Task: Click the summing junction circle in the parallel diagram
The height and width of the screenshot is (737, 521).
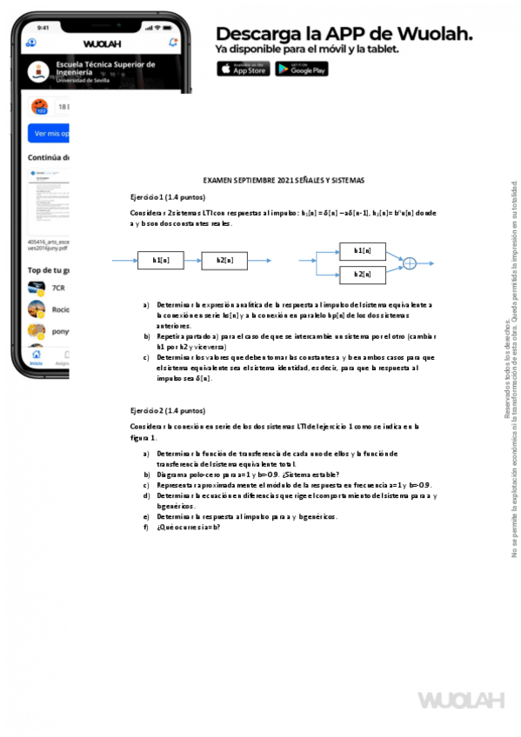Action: point(411,262)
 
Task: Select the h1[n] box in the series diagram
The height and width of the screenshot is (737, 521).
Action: point(161,260)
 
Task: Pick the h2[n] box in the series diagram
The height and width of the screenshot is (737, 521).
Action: point(224,260)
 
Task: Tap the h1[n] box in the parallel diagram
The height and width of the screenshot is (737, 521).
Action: point(363,250)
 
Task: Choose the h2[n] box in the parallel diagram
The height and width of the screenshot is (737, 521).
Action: point(363,274)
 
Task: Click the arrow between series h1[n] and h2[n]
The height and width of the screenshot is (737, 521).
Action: point(192,260)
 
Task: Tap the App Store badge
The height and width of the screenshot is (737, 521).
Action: point(243,70)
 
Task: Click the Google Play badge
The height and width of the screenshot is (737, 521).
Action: point(302,70)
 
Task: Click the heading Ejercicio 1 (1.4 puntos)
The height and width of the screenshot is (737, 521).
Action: point(168,197)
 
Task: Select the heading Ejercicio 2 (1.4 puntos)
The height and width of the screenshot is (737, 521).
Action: point(168,410)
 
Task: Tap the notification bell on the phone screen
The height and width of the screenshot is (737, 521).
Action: point(173,42)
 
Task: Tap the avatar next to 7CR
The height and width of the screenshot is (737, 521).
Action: point(37,288)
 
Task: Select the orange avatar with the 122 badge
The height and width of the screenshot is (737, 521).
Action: point(40,107)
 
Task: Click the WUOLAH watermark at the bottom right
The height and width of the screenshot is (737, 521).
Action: point(461,700)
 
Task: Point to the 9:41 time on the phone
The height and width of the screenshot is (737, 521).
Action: point(43,28)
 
